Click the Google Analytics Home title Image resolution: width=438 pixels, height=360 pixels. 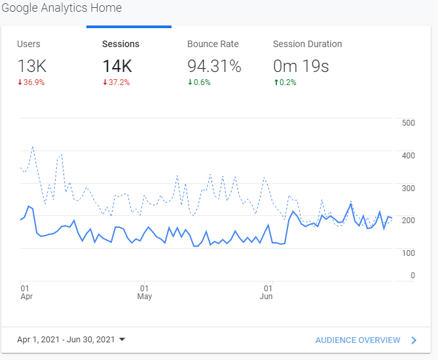61,9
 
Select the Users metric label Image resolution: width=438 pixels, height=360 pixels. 28,45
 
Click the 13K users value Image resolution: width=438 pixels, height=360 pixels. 31,65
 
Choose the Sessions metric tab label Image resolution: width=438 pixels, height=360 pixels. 120,45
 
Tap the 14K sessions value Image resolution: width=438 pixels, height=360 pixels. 117,65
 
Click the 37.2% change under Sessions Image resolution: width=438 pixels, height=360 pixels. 118,82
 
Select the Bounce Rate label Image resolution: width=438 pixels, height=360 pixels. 213,45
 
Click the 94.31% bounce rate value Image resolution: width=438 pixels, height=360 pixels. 214,65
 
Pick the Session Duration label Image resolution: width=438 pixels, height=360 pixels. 307,45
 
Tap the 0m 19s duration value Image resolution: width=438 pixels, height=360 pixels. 301,65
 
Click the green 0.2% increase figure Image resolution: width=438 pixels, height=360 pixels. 286,82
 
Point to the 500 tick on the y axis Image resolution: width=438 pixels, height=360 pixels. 409,123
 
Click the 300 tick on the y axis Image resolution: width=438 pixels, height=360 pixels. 409,189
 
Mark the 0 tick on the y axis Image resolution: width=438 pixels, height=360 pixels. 412,276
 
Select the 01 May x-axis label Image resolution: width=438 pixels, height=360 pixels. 144,292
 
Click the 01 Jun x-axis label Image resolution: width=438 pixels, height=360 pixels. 267,292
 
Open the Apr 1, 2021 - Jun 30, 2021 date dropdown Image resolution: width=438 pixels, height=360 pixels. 71,340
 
